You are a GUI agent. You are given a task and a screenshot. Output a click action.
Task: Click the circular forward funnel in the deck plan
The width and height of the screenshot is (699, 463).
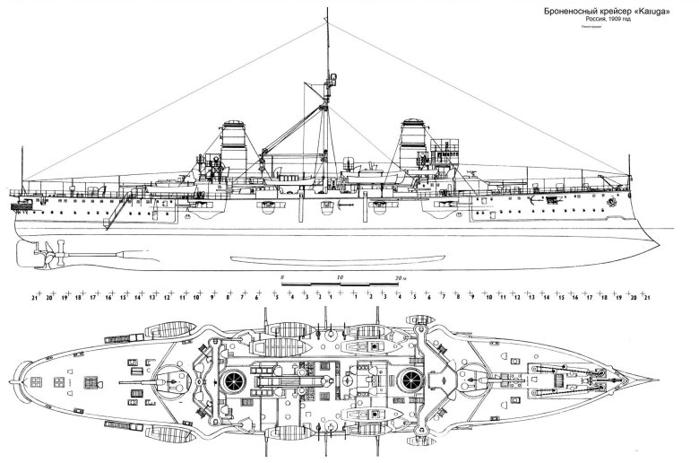(411, 380)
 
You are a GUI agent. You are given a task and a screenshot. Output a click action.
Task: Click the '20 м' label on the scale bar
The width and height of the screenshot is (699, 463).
(400, 279)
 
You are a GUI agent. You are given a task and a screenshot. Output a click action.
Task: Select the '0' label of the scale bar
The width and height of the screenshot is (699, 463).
(281, 279)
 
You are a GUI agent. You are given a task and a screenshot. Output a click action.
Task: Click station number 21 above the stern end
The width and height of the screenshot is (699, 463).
(34, 296)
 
